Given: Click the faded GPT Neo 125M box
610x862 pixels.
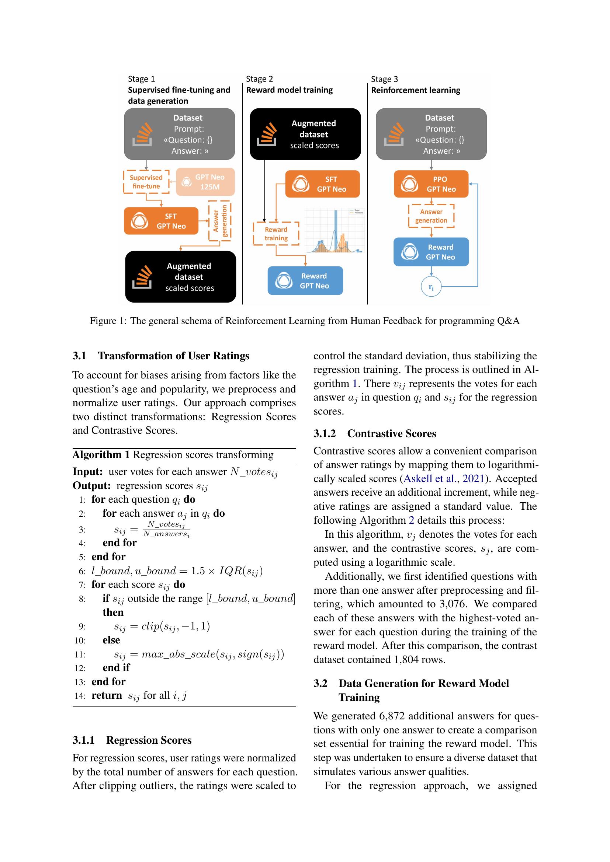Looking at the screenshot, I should click(205, 182).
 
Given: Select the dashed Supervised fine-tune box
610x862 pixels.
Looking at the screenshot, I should click(146, 182).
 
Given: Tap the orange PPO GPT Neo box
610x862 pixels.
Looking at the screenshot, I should click(431, 184).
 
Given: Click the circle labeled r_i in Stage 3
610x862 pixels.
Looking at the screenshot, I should click(431, 287).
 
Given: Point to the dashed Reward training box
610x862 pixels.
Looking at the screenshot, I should click(276, 234).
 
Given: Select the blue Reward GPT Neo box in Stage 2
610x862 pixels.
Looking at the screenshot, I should click(305, 280).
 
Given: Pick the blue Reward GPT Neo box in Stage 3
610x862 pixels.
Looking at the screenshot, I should click(431, 252).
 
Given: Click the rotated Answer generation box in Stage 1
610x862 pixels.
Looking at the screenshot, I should click(220, 221).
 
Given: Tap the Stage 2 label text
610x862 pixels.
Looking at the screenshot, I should click(259, 79).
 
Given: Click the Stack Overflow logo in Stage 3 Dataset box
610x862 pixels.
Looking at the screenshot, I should click(394, 135).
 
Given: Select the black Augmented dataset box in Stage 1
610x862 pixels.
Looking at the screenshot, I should click(180, 277).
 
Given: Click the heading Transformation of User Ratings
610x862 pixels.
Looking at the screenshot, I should click(174, 356).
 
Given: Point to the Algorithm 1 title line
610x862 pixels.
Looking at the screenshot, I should click(173, 455).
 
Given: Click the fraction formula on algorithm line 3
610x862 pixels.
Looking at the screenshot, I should click(166, 529).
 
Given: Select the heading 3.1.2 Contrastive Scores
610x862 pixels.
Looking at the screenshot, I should click(374, 433).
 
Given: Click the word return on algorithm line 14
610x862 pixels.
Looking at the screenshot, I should click(106, 695).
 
